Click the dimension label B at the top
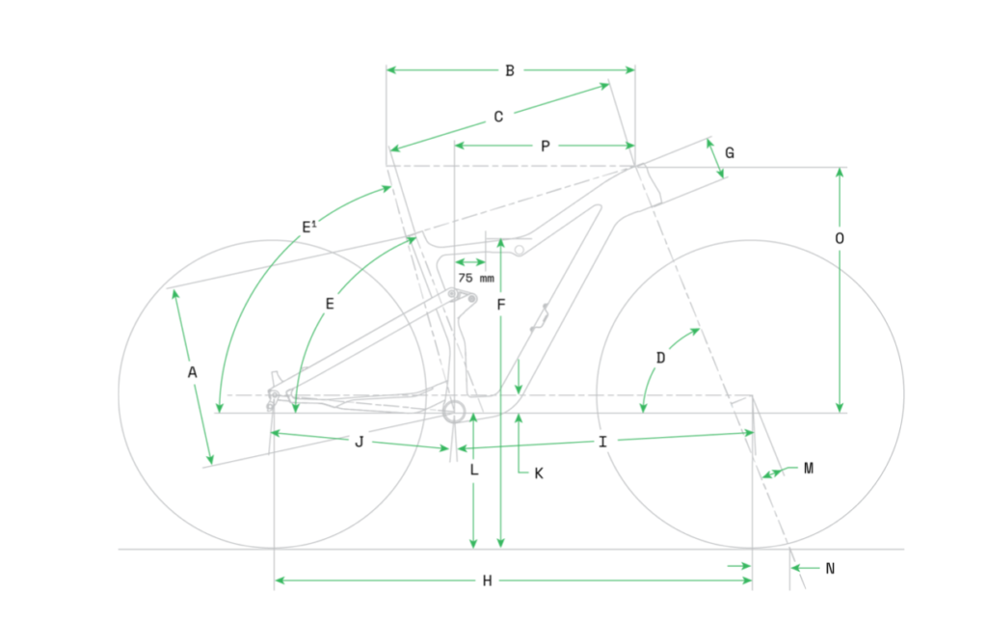(x=510, y=70)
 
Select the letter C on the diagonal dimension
(x=498, y=117)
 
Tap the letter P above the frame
(x=546, y=146)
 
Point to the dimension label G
(x=730, y=153)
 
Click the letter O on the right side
(x=840, y=238)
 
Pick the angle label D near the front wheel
(x=660, y=358)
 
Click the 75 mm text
(x=476, y=279)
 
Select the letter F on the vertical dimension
(x=501, y=305)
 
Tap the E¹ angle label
(x=309, y=227)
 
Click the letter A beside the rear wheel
(x=192, y=372)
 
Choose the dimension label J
(x=359, y=442)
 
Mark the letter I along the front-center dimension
(x=602, y=442)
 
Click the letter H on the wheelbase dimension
(x=487, y=581)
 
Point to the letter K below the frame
(x=539, y=473)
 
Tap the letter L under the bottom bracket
(x=474, y=470)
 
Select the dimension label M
(x=809, y=469)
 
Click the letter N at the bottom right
(x=830, y=569)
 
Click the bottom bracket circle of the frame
(x=454, y=413)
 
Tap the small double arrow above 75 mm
(x=470, y=262)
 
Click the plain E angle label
(x=330, y=305)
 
